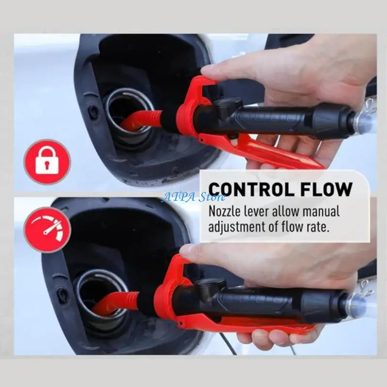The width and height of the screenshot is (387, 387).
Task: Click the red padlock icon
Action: click(x=47, y=162)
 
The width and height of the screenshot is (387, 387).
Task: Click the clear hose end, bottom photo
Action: click(x=358, y=306)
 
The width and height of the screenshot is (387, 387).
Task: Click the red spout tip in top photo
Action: click(x=130, y=122)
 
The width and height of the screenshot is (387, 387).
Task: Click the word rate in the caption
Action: click(x=318, y=226)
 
